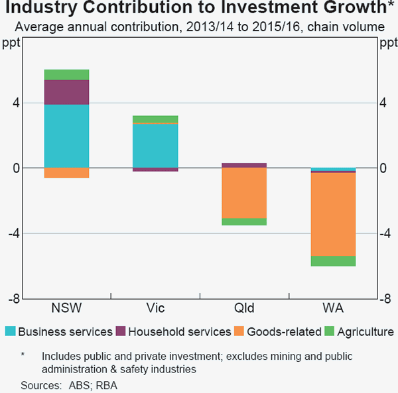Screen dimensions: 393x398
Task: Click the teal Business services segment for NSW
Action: tap(66, 136)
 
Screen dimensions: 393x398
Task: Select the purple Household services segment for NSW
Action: tap(66, 92)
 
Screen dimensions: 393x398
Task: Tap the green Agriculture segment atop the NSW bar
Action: tap(66, 74)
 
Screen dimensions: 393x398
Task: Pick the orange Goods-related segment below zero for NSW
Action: tap(66, 173)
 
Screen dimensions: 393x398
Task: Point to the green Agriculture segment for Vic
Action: tap(155, 119)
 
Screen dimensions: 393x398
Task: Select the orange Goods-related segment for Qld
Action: tap(244, 193)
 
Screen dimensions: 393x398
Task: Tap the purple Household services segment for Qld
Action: tap(244, 165)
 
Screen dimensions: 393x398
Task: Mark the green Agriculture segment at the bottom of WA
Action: tap(333, 261)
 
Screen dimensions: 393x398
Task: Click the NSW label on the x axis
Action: tap(66, 309)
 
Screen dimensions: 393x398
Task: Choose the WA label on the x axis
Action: tap(333, 309)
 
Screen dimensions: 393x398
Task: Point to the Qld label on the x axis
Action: tap(244, 309)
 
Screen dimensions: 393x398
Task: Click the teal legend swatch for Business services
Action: tap(10, 331)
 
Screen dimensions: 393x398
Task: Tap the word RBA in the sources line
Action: tap(106, 385)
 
